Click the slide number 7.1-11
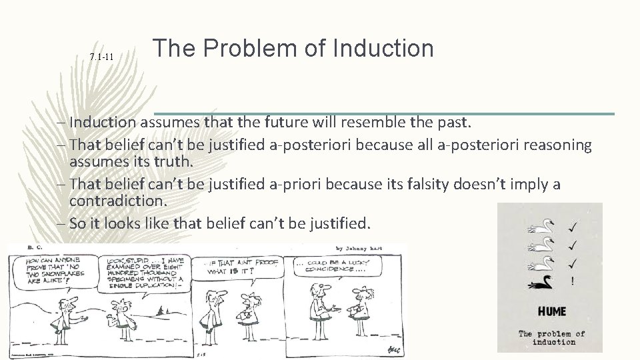(101, 58)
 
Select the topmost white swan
(541, 227)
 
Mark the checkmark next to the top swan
(573, 227)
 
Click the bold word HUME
(552, 311)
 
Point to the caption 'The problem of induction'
(552, 337)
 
